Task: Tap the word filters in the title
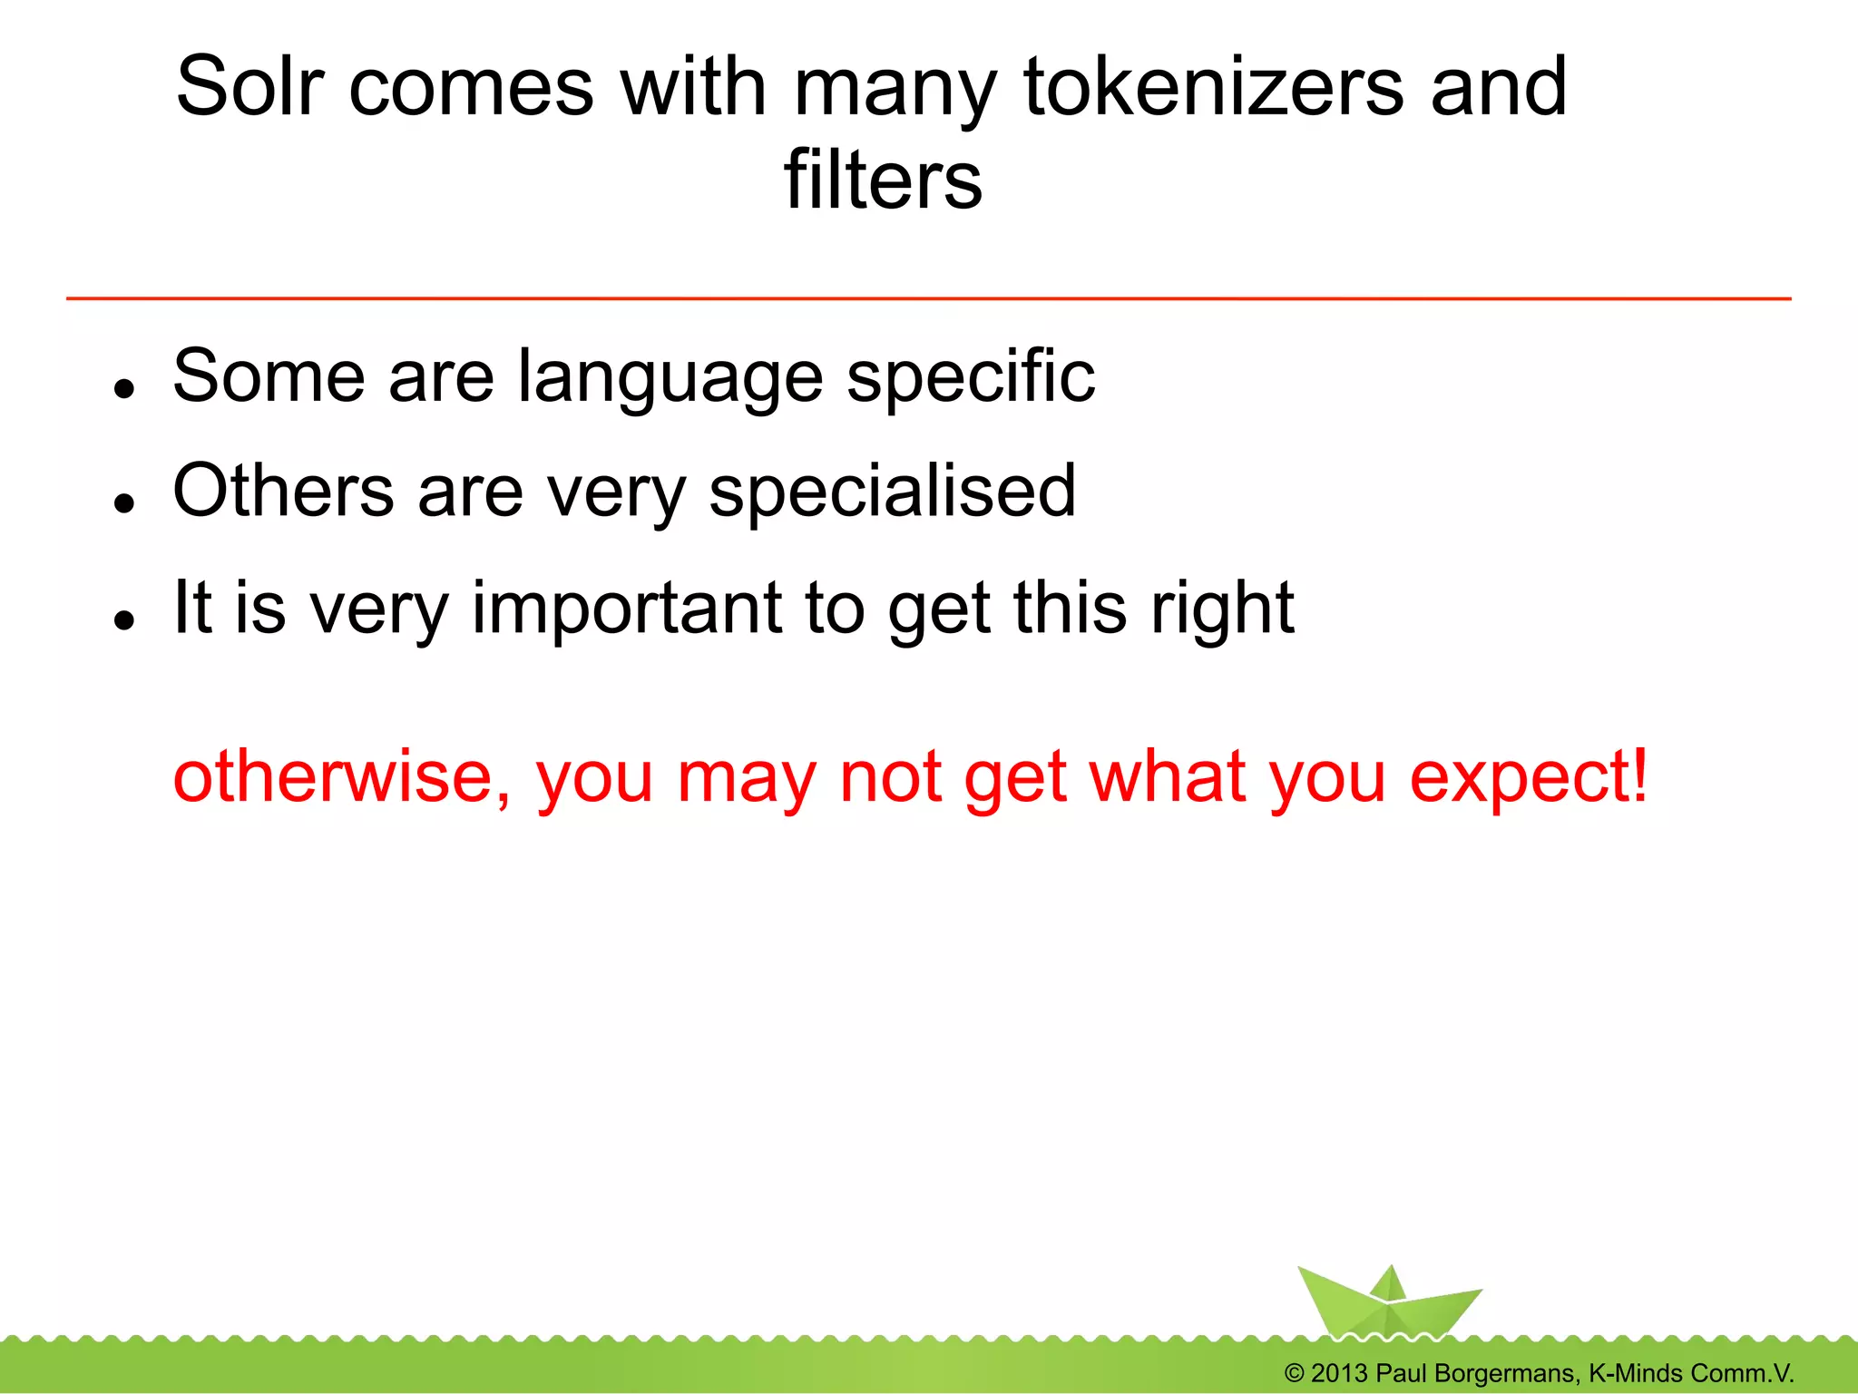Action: [883, 180]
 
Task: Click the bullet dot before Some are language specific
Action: [124, 388]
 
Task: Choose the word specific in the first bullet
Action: [971, 377]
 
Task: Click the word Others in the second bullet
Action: [283, 491]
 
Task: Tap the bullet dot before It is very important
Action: [124, 619]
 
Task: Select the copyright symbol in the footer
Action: [1295, 1373]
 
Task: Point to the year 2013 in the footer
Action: [1339, 1373]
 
